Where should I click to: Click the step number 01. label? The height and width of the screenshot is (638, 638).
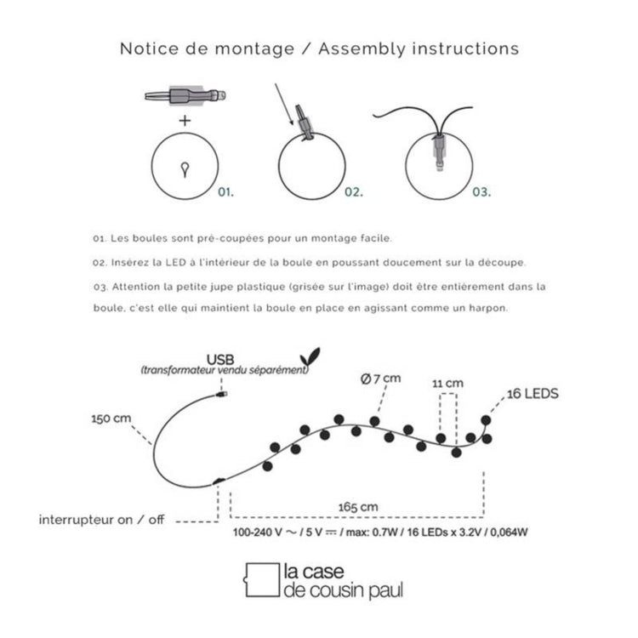point(225,192)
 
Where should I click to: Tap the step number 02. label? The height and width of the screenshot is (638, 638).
point(354,192)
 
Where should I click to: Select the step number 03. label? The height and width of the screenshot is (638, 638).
point(482,192)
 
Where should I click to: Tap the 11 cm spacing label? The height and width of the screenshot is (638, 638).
point(447,384)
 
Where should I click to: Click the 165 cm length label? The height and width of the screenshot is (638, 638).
point(358,508)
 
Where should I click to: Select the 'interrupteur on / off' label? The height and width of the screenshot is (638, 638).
point(102,520)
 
